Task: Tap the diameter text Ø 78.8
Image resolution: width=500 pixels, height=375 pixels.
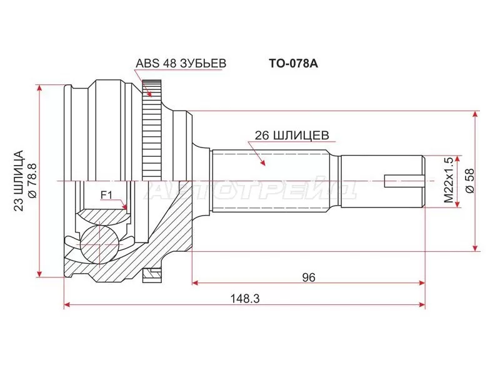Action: tap(32, 181)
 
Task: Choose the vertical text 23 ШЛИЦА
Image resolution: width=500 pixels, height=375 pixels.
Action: tap(18, 181)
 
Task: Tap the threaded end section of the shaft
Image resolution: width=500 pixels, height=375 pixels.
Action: tap(381, 181)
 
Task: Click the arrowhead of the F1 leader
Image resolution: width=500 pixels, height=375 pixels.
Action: tap(126, 208)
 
